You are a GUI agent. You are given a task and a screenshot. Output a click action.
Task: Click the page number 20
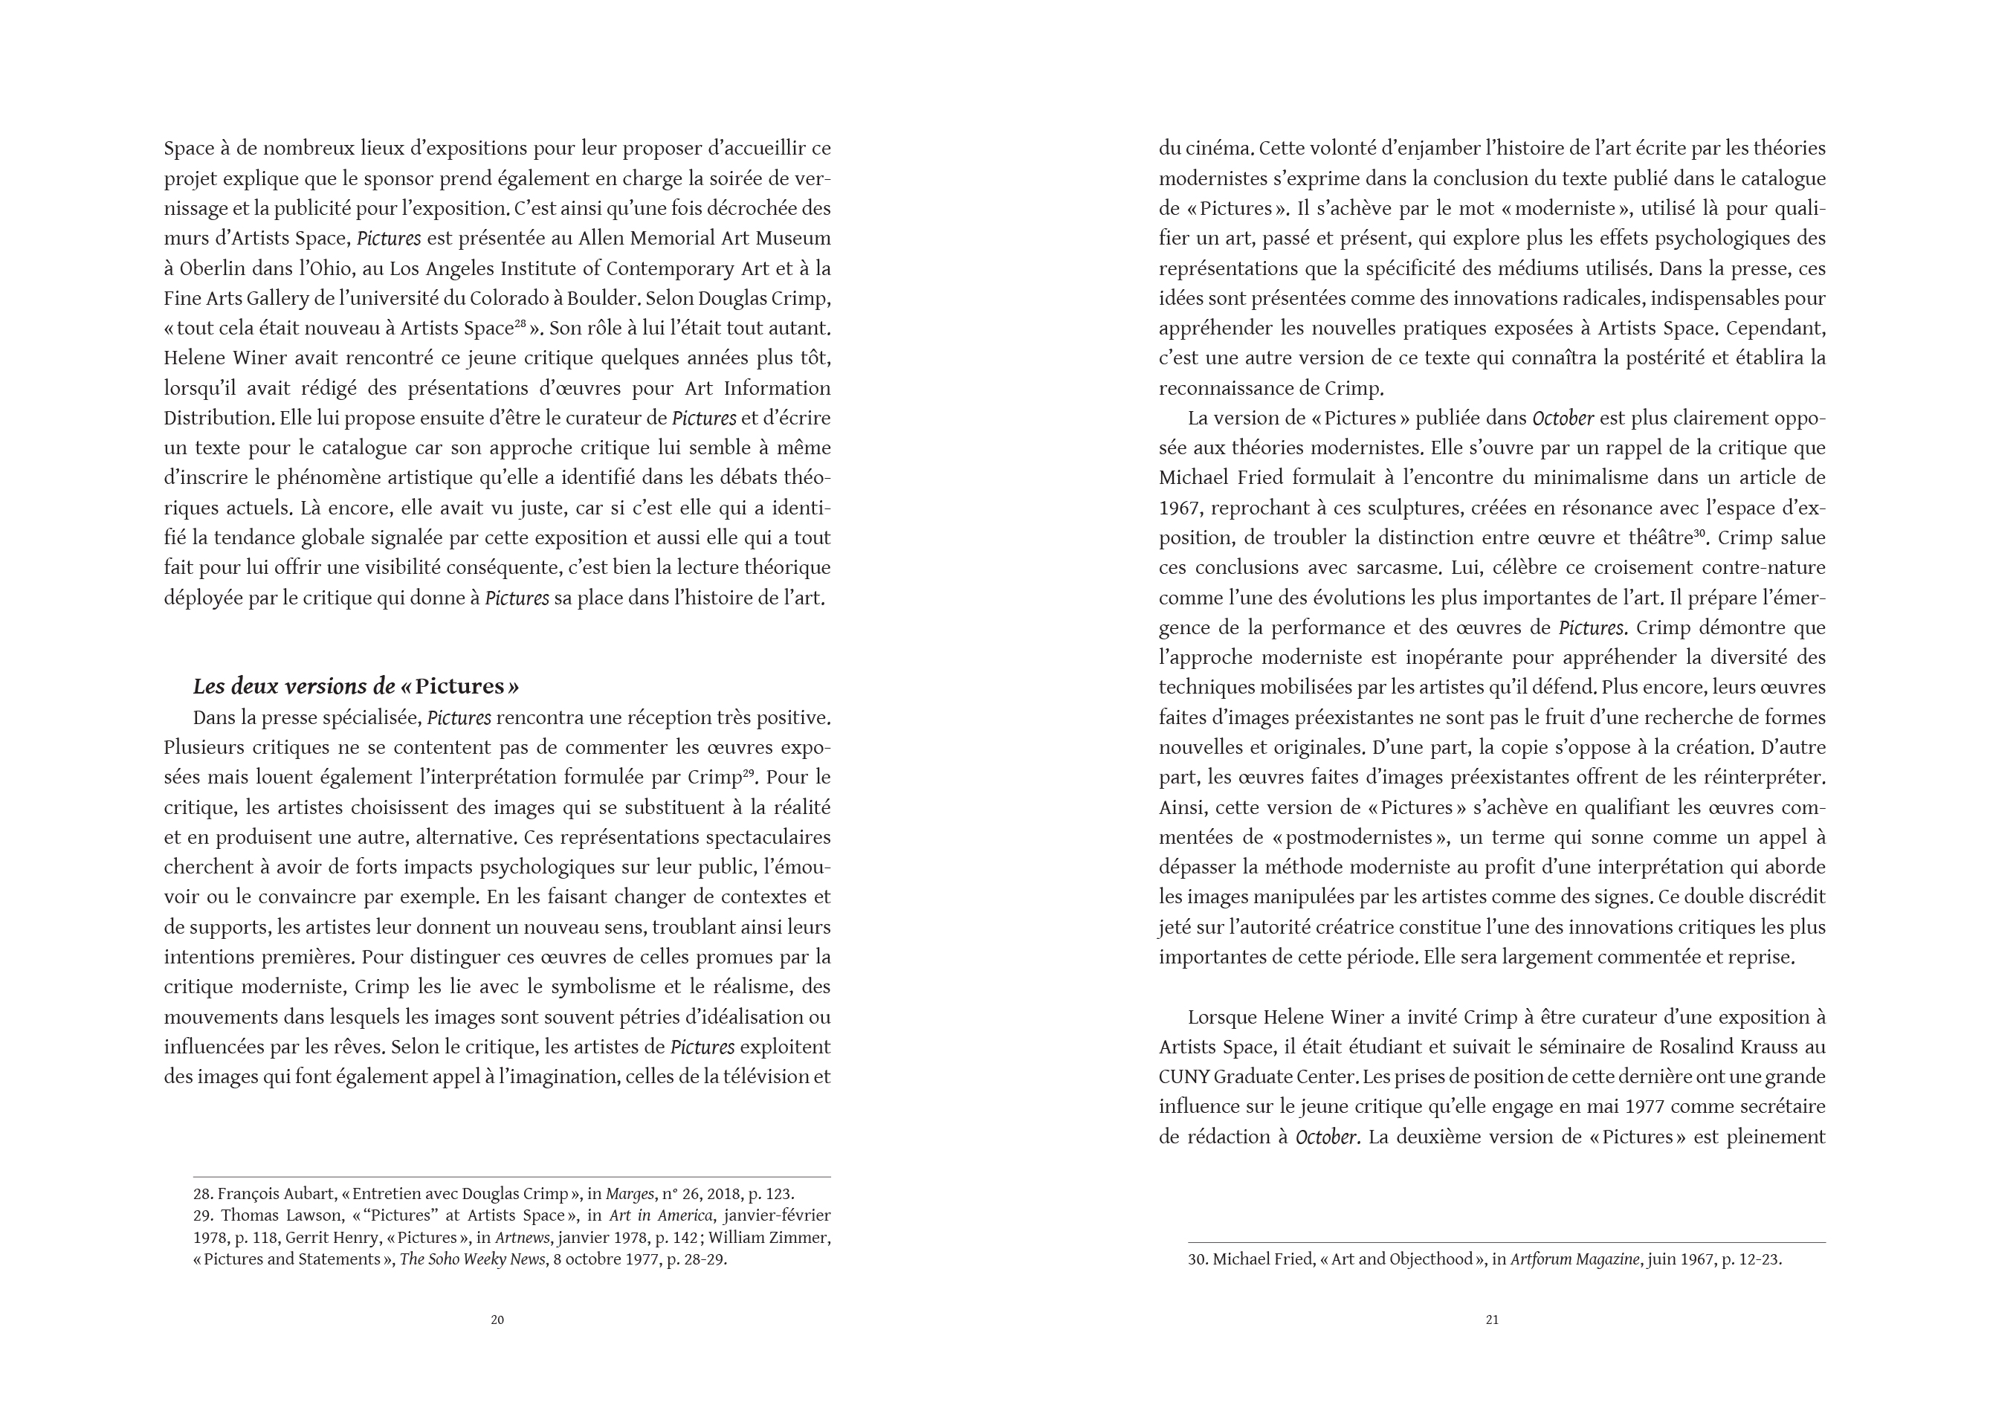(x=497, y=1320)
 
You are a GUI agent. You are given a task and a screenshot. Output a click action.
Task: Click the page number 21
(x=1492, y=1320)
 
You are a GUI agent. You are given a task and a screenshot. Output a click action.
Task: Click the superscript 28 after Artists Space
(x=520, y=323)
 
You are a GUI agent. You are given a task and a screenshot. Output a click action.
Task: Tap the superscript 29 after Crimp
(x=748, y=772)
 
